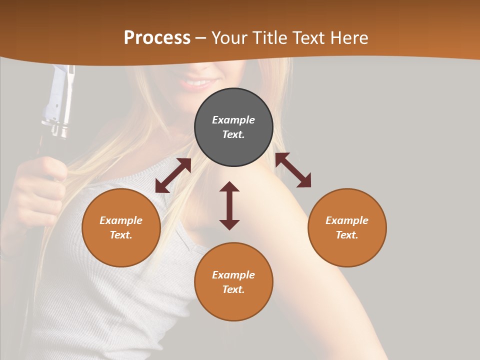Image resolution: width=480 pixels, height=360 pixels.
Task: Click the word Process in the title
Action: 157,38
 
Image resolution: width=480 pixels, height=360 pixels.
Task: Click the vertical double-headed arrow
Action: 229,205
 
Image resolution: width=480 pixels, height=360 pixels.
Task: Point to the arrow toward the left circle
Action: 173,175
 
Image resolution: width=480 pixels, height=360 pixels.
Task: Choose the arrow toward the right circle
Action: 293,170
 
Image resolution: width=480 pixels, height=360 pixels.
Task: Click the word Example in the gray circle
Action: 233,120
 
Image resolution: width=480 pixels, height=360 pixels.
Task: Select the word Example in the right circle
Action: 347,220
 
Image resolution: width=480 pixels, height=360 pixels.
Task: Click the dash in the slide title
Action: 201,38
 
